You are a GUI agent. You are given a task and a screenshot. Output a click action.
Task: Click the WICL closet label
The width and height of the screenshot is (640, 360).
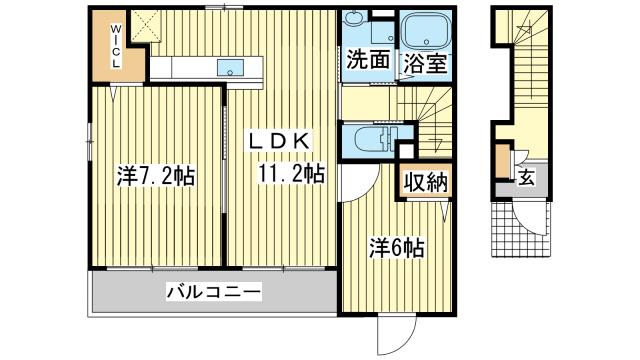pyautogui.click(x=115, y=45)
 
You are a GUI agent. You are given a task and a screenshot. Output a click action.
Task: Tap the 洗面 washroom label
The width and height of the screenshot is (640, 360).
pyautogui.click(x=367, y=61)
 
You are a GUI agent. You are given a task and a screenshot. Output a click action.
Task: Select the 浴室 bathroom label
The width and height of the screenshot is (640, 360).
pyautogui.click(x=423, y=61)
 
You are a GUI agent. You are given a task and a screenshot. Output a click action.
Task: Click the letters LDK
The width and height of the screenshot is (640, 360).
pyautogui.click(x=283, y=141)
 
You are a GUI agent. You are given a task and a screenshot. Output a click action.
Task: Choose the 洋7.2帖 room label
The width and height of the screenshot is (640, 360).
pyautogui.click(x=155, y=178)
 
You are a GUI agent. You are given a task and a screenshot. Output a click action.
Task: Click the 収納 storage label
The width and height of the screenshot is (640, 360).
pyautogui.click(x=425, y=182)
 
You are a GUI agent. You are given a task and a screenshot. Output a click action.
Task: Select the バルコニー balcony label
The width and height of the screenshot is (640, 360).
pyautogui.click(x=213, y=293)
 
